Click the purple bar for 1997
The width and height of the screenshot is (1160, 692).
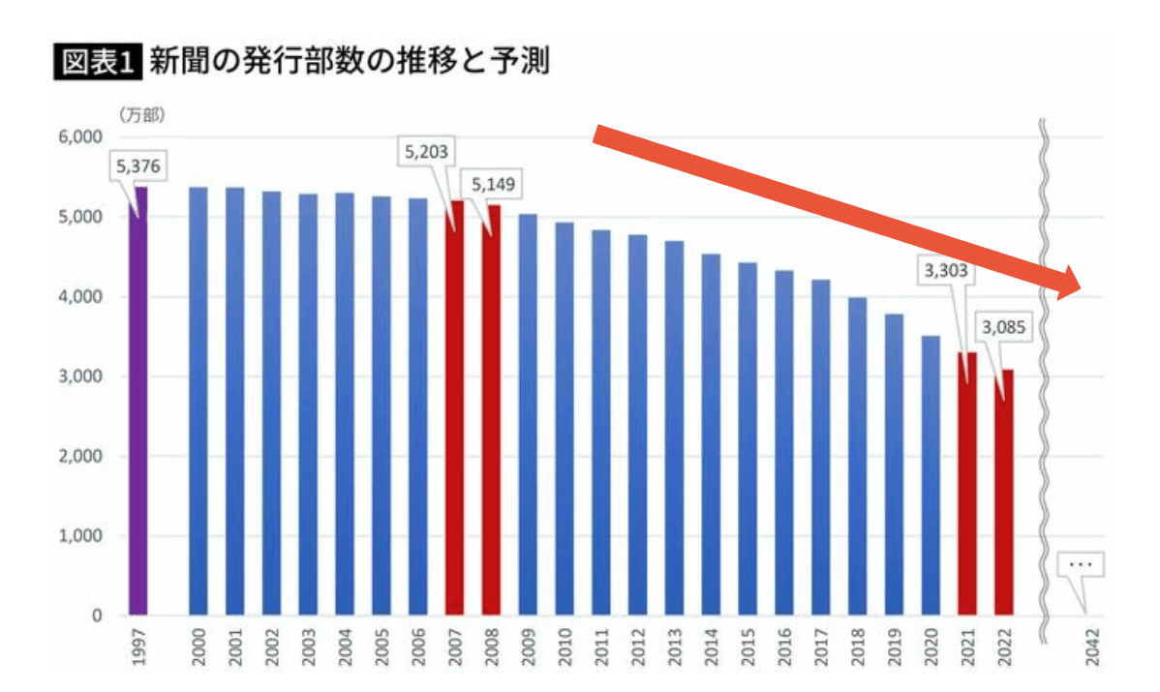pos(138,402)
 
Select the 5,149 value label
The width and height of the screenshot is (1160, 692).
pos(495,184)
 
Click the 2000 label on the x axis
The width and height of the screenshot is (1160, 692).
pos(198,649)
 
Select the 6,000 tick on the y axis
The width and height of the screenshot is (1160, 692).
pos(82,137)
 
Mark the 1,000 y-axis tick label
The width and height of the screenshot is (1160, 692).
pos(82,536)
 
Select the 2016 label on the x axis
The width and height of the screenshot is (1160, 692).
pos(785,649)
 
